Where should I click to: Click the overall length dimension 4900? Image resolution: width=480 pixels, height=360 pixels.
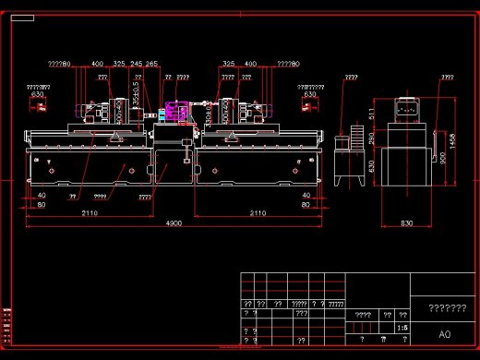coord(173,224)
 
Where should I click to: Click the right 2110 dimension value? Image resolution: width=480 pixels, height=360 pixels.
coord(258,213)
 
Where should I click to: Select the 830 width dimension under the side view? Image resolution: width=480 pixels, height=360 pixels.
coord(407,223)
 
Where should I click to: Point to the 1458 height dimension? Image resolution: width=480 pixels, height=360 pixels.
coord(452,140)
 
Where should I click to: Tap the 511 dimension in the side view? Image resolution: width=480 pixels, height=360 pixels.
coord(372,114)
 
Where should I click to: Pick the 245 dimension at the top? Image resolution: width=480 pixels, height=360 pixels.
coord(136,65)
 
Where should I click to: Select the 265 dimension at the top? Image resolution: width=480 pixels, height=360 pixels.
coord(151,65)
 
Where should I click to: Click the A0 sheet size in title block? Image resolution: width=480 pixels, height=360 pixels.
coord(444,333)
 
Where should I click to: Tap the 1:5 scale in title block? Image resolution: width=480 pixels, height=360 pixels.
coord(401,327)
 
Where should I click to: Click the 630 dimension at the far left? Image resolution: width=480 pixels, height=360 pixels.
coord(38,94)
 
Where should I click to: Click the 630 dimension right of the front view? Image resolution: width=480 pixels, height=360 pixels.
coord(309,94)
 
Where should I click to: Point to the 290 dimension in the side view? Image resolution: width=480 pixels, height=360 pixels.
coord(372,138)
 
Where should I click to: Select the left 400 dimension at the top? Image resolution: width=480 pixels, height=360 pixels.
coord(97,65)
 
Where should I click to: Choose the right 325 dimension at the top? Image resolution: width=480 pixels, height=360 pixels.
coord(228,65)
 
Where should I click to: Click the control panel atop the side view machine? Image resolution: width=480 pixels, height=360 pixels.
coord(407,107)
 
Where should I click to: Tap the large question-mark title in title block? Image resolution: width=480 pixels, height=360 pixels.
coord(447,307)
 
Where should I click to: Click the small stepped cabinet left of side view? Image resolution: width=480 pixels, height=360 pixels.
coord(349,162)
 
